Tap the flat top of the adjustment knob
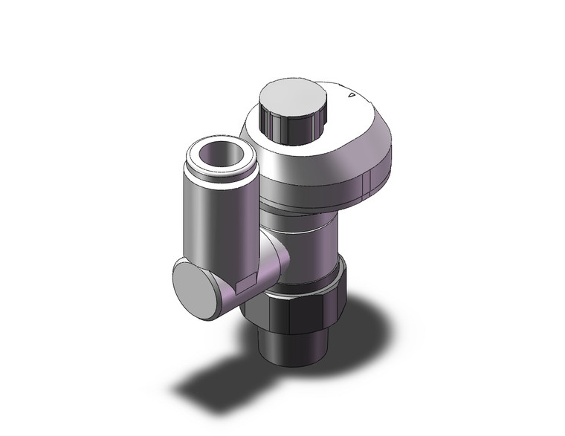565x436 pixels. [293, 96]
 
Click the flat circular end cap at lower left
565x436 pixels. [197, 287]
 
